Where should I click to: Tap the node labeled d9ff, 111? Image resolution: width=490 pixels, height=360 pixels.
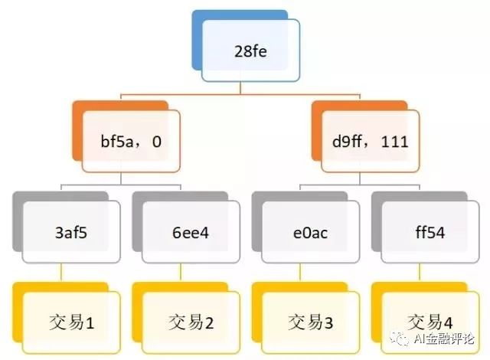point(370,141)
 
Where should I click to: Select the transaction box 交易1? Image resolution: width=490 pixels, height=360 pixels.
point(71,322)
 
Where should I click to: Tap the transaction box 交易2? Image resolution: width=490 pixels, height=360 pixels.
point(191,322)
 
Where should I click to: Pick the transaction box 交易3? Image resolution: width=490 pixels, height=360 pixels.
point(310,322)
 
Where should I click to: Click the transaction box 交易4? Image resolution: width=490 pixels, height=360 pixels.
point(430,322)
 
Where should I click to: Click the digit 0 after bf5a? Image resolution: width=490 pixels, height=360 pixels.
point(156,141)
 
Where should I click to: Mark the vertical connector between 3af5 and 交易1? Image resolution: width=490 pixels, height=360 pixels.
point(60,273)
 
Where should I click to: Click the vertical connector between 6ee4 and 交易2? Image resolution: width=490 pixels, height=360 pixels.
point(181,273)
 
